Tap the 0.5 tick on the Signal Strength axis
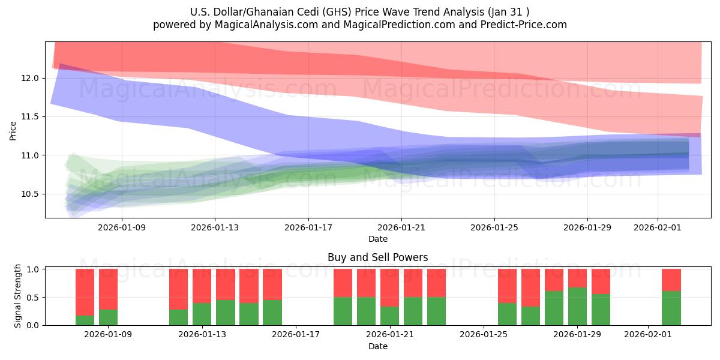click(x=34, y=298)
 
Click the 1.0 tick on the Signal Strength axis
click(x=34, y=269)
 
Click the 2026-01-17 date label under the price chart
click(x=308, y=227)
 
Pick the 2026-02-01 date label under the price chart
click(x=658, y=227)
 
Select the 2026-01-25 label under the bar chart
click(x=483, y=335)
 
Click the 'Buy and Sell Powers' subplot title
click(x=377, y=257)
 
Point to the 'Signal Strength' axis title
click(x=18, y=296)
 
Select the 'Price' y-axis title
click(x=13, y=130)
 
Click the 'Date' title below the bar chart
click(x=377, y=346)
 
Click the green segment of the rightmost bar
click(x=671, y=308)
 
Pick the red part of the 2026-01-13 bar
click(x=202, y=286)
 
